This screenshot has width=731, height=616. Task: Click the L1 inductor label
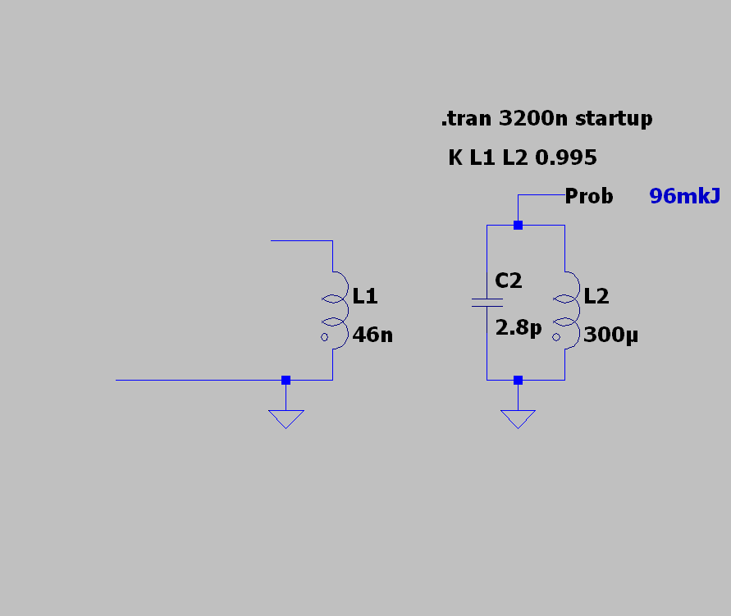click(x=364, y=296)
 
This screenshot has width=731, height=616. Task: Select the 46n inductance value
click(x=372, y=335)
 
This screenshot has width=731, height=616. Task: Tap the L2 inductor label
click(x=596, y=296)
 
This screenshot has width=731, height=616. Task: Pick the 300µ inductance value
click(x=610, y=335)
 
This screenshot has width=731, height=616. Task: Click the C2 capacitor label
click(x=508, y=281)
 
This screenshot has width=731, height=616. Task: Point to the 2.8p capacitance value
click(x=519, y=327)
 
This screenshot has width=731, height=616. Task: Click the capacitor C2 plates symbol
click(x=487, y=303)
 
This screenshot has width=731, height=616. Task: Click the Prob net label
click(x=589, y=196)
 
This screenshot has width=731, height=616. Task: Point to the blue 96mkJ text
click(x=684, y=196)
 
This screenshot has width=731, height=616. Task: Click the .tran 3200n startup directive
click(x=547, y=119)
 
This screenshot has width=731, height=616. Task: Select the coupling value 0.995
click(x=566, y=157)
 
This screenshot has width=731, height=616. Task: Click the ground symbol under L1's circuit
click(x=286, y=419)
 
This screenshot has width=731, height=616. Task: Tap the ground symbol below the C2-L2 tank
click(x=518, y=419)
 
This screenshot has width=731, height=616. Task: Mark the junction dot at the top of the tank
click(x=518, y=225)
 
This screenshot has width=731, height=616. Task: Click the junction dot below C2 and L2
click(x=518, y=381)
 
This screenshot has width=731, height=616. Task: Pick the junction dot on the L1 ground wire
click(x=286, y=381)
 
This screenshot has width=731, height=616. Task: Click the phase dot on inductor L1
click(x=324, y=337)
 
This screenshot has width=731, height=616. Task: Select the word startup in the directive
click(x=614, y=119)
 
